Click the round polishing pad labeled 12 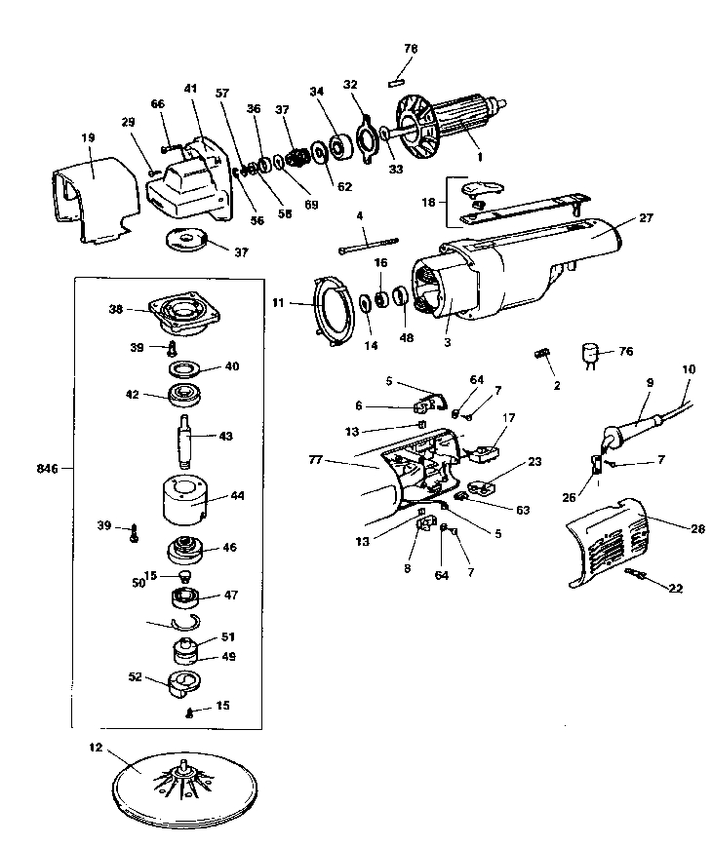tap(184, 776)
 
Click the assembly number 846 tap(46, 469)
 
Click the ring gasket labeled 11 tap(333, 307)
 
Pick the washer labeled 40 tap(183, 370)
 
